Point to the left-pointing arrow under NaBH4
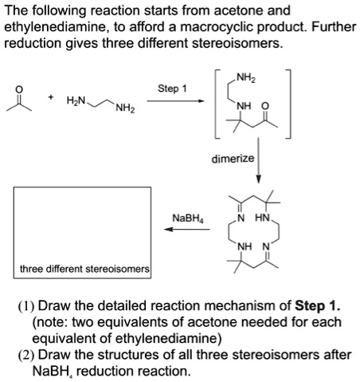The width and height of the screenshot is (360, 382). point(182,230)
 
